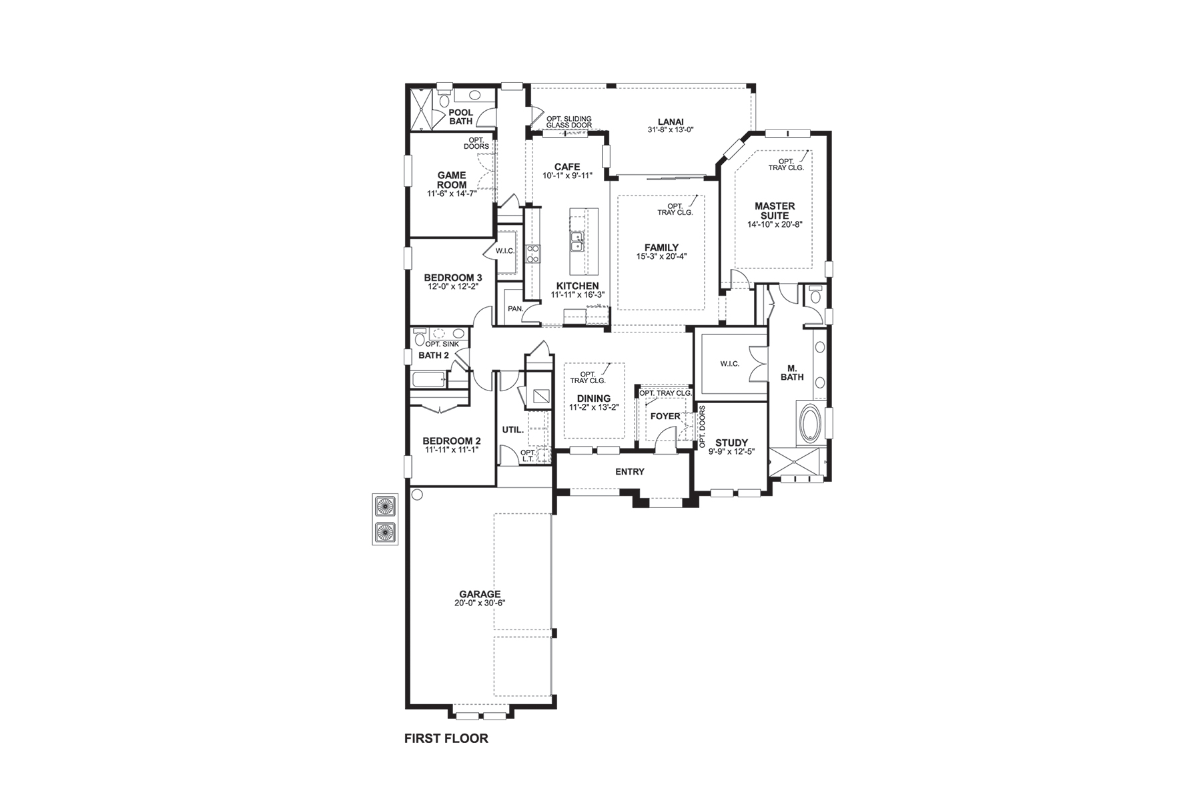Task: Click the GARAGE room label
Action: click(x=479, y=594)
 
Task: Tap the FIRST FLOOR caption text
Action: click(x=446, y=738)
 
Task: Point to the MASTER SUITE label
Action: click(x=774, y=211)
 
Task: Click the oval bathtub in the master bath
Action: click(x=809, y=422)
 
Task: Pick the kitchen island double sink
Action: click(x=576, y=242)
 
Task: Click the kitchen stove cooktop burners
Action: click(x=534, y=253)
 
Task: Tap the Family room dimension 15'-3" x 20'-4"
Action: click(x=661, y=256)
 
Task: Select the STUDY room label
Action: click(x=731, y=443)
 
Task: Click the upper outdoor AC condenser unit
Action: click(x=385, y=506)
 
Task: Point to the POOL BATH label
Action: click(x=460, y=117)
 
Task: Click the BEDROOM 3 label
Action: click(x=453, y=278)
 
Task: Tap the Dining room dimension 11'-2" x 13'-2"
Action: click(x=594, y=408)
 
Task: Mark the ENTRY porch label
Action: click(x=629, y=472)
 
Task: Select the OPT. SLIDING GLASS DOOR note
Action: click(x=568, y=122)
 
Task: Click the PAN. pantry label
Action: click(x=514, y=309)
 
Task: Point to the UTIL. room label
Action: click(x=512, y=430)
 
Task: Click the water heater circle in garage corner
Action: click(x=418, y=495)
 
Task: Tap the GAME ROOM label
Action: click(x=451, y=180)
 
